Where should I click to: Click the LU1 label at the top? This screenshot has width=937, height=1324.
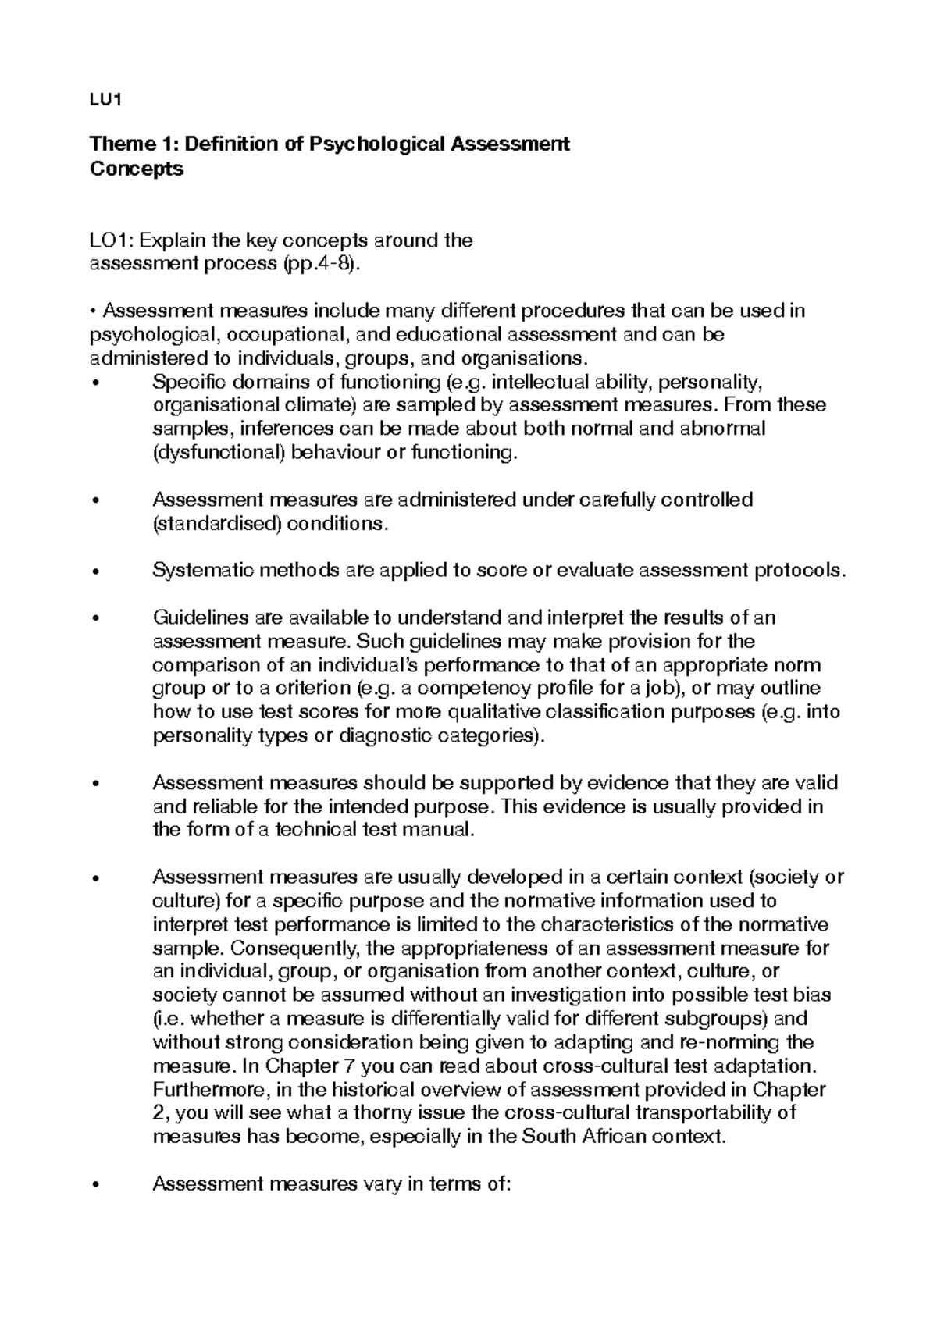(105, 100)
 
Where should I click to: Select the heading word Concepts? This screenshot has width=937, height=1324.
(137, 169)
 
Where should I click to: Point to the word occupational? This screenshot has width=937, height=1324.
(289, 335)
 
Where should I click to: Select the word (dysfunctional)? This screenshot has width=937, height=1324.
(218, 453)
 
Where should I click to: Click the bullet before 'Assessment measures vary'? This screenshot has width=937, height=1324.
(95, 1185)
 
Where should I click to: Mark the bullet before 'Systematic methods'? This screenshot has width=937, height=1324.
(95, 571)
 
